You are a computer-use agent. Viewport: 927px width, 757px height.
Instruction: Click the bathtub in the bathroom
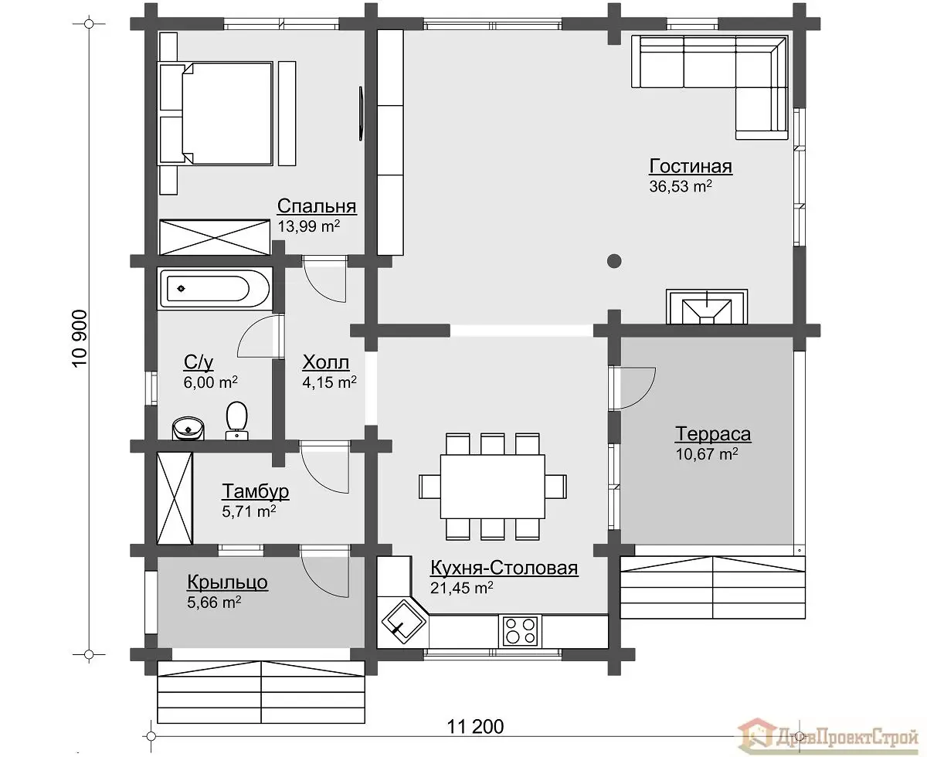(215, 288)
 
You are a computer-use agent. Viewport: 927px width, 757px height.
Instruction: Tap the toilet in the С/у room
(236, 421)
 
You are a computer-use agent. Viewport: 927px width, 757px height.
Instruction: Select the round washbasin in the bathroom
(188, 429)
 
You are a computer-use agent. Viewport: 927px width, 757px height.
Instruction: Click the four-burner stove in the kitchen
(520, 630)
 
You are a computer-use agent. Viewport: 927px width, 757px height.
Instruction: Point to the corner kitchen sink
(403, 622)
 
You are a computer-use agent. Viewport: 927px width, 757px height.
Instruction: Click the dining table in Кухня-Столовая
(493, 486)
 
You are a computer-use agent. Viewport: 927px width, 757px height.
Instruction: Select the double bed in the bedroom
(216, 114)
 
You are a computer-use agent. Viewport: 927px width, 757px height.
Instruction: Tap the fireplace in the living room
(707, 307)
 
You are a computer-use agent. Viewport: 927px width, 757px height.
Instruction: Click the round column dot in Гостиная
(614, 261)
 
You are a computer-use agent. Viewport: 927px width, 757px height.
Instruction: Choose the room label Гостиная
(691, 167)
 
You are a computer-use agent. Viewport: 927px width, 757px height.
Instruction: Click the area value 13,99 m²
(308, 226)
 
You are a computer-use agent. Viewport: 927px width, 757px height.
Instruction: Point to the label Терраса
(713, 434)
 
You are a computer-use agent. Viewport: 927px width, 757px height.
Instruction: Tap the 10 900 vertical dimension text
(80, 338)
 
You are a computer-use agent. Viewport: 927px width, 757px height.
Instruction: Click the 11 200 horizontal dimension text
(476, 726)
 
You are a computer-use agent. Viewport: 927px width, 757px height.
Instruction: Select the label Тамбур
(256, 491)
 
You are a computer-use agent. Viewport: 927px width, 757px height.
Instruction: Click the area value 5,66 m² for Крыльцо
(214, 602)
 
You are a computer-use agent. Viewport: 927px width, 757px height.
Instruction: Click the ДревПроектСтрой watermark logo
(828, 737)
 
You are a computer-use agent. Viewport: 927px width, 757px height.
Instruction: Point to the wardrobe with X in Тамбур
(175, 498)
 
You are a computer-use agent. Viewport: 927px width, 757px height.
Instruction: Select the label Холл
(326, 363)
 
